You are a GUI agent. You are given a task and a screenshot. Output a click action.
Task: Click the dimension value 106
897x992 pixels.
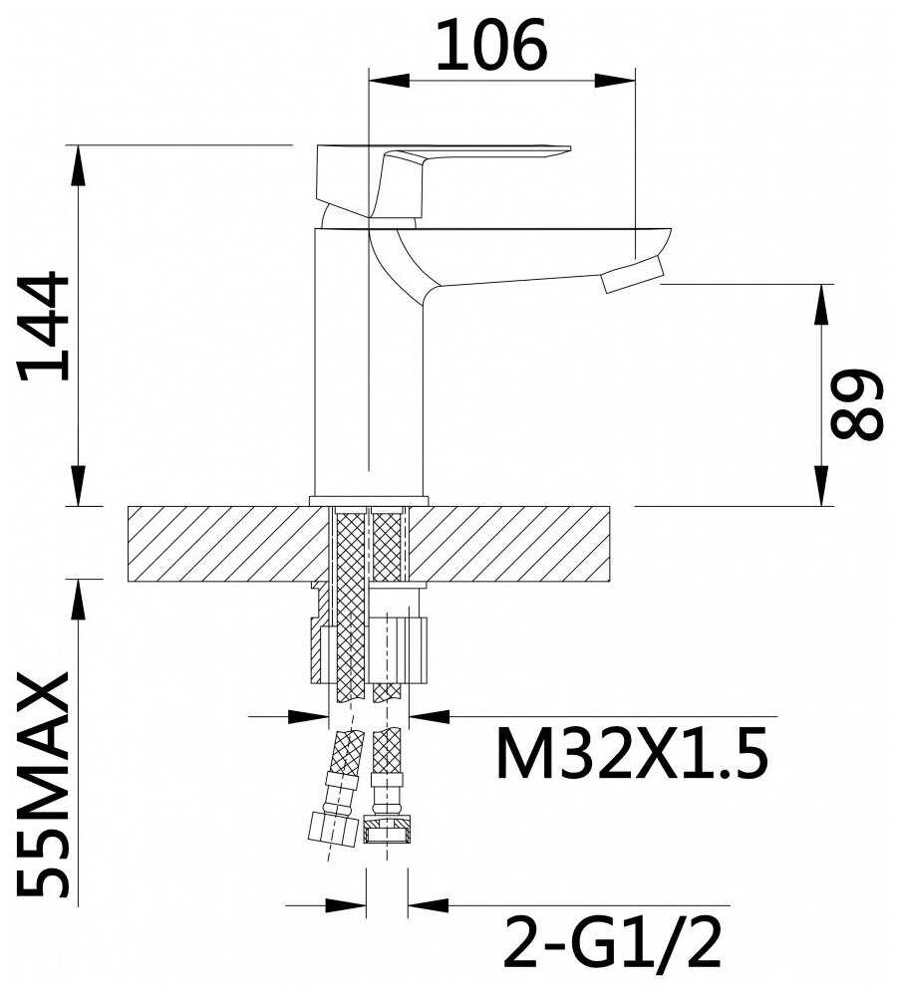tap(491, 45)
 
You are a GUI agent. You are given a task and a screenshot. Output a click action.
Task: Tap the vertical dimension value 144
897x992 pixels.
tap(44, 327)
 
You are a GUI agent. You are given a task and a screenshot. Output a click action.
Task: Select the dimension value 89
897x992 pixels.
tap(856, 405)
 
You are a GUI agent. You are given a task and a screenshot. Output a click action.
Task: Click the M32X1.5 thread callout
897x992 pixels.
tap(631, 754)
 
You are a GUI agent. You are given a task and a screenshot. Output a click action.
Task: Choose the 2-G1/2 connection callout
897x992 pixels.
tap(612, 943)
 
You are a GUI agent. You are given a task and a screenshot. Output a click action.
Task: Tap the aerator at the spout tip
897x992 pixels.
tap(633, 273)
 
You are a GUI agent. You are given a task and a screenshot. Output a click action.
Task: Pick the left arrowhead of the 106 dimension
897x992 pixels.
tap(388, 81)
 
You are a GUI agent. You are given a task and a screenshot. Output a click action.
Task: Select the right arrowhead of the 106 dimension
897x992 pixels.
tap(614, 81)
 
